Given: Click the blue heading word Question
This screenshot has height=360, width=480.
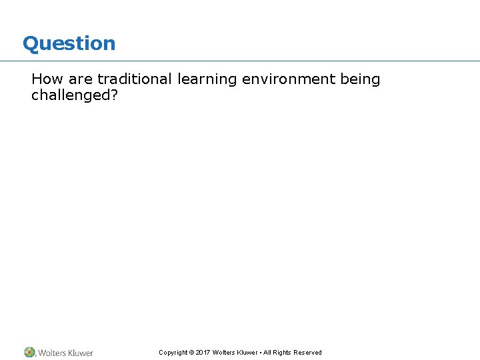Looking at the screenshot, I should pos(69,44).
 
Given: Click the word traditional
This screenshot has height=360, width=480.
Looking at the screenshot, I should pos(134,79).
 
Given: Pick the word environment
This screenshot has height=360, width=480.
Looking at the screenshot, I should pos(289,79).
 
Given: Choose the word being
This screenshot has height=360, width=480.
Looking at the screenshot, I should pos(360,80).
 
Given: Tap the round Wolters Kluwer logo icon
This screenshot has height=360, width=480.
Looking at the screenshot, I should pos(29,352).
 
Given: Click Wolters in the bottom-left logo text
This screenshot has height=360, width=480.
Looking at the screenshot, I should pos(52,353).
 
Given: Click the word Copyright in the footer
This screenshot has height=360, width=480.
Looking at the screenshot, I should pos(173,353).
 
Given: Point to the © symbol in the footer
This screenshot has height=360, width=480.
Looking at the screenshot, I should pos(191,353).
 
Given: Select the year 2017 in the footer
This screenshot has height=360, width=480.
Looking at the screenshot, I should pos(203,353).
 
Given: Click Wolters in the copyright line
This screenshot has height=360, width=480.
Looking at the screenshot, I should pos(225,353).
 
